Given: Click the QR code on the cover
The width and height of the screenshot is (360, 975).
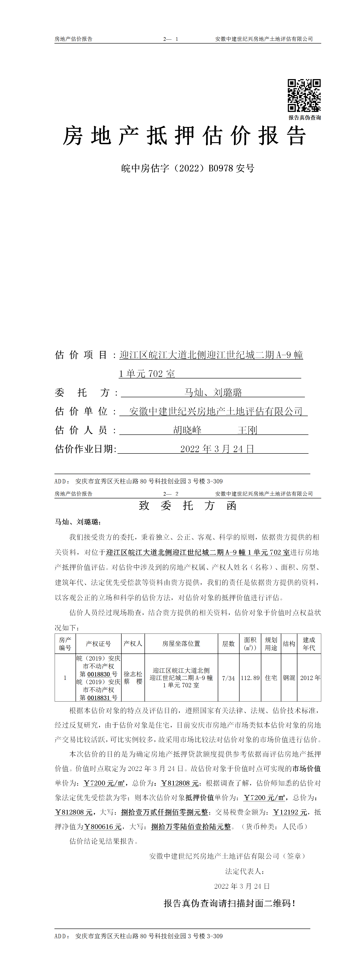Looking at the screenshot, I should tap(304, 95).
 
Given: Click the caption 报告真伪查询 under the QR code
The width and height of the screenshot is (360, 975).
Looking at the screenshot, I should tap(304, 118).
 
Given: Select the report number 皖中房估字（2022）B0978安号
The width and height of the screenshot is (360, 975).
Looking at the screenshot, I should tap(188, 168).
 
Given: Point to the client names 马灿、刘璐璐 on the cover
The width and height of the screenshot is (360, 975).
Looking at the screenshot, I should tap(213, 392).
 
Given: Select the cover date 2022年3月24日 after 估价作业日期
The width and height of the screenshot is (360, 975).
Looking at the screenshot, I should tap(217, 449).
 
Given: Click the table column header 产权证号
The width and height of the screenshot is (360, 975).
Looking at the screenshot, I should tap(98, 644).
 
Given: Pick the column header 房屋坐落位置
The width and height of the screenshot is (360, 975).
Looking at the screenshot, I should tap(181, 644).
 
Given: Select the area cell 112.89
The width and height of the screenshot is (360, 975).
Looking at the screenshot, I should tap(250, 678).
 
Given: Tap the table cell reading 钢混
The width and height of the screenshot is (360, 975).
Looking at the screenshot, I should tap(289, 678).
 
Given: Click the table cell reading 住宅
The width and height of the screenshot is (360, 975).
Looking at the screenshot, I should tap(271, 678).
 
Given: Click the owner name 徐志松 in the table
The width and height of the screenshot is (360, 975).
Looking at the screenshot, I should tap(133, 674).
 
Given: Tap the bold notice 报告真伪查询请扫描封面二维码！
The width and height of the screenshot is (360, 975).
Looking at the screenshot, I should tap(229, 904).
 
